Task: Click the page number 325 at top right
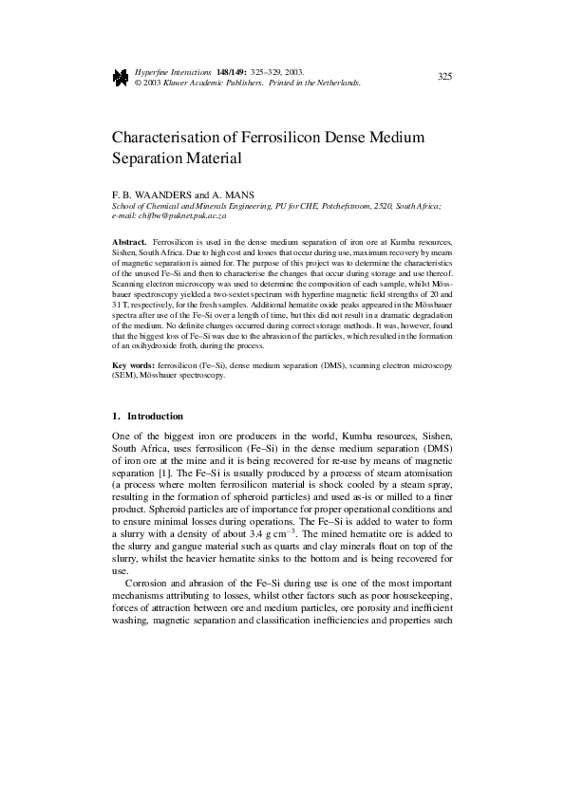tap(443, 76)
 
